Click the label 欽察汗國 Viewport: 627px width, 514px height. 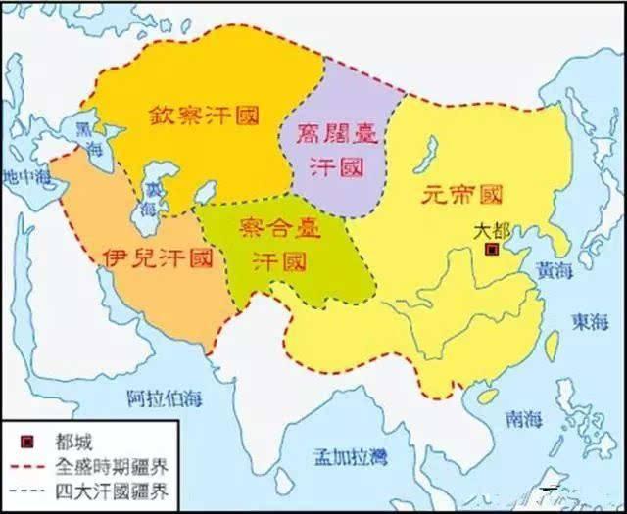pyautogui.click(x=204, y=115)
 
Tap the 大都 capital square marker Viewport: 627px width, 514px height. pyautogui.click(x=490, y=252)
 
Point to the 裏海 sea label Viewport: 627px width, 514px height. pyautogui.click(x=150, y=198)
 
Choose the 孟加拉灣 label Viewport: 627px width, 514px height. pyautogui.click(x=348, y=456)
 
